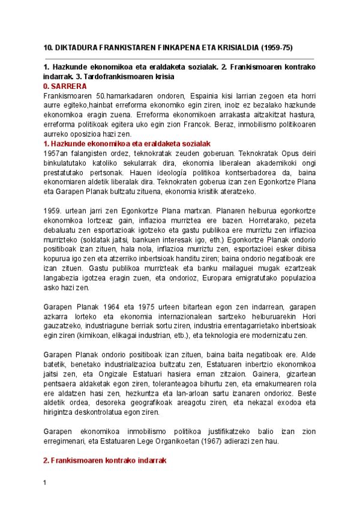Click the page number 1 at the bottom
[46, 483]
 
